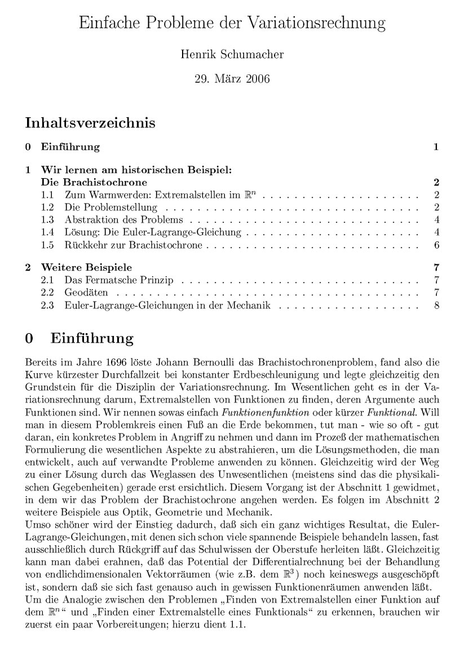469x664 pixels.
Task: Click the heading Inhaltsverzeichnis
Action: coord(90,122)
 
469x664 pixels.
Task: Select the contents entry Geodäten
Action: coord(84,293)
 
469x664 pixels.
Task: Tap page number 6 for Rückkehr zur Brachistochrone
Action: coord(437,246)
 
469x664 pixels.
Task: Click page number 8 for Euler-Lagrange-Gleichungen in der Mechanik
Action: coord(437,306)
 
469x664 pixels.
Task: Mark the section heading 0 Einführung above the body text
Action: coord(79,339)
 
